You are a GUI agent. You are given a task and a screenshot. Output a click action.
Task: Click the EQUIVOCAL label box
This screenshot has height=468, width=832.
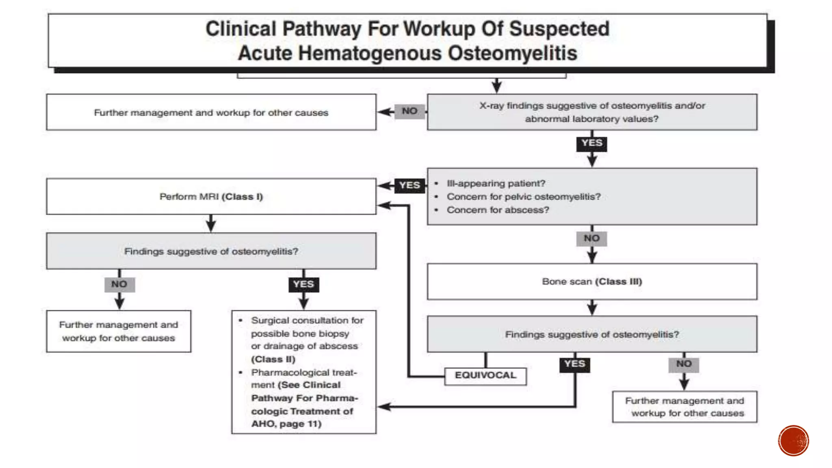[x=485, y=376]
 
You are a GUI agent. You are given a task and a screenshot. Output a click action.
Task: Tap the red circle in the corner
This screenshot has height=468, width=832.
[x=793, y=441]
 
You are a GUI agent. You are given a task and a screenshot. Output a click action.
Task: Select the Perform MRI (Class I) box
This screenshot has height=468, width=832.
[x=211, y=197]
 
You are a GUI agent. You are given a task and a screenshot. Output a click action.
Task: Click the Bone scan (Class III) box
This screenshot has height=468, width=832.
[x=592, y=282]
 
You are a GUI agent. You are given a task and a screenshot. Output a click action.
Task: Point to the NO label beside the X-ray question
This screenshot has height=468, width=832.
[x=409, y=111]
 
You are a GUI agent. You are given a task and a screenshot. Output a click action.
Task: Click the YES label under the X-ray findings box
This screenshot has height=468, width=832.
[x=592, y=143]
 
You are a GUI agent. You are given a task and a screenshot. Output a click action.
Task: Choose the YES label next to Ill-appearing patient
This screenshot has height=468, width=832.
[x=409, y=185]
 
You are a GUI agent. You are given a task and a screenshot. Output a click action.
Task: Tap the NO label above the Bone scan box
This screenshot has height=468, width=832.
[x=592, y=238]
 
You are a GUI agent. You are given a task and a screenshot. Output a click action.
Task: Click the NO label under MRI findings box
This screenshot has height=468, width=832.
[x=119, y=284]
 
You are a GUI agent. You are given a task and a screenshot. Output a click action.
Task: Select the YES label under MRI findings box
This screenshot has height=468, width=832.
[x=303, y=284]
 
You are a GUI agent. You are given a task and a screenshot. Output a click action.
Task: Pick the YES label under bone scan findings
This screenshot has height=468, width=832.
[x=575, y=364]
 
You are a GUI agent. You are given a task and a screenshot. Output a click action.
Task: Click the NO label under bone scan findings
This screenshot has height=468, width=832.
[x=684, y=364]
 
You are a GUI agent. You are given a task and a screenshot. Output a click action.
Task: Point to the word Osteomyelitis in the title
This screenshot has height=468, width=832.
[x=512, y=53]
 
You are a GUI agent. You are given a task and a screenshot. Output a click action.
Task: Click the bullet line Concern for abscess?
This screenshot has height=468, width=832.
[x=498, y=210]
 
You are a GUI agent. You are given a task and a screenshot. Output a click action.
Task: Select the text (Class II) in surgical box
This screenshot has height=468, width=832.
[x=273, y=360]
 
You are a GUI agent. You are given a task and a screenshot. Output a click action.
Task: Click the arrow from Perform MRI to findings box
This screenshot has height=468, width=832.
[x=211, y=223]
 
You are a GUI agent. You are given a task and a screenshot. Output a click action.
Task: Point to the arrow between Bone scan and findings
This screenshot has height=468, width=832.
[x=592, y=308]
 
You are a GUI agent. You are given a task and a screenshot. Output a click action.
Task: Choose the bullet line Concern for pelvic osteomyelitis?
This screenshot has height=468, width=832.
[x=524, y=197]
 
